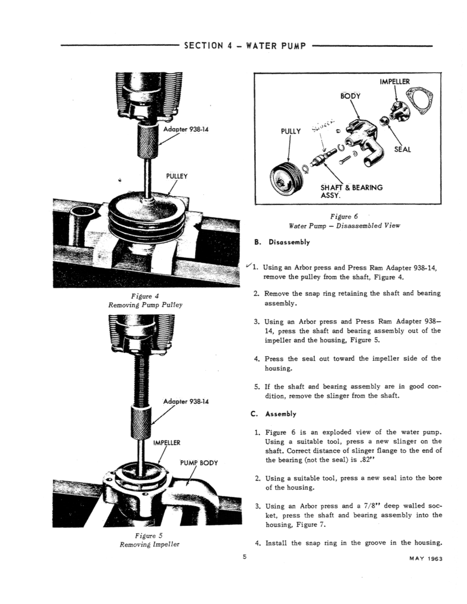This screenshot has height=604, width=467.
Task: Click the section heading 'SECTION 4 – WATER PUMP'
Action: [245, 46]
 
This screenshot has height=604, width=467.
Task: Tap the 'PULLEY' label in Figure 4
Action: [177, 176]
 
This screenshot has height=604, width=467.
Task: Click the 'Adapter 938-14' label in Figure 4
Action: [186, 129]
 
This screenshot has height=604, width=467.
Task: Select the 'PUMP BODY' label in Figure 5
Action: [199, 463]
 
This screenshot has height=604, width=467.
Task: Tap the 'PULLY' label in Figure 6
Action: [291, 131]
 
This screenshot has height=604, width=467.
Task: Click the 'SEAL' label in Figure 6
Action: [403, 149]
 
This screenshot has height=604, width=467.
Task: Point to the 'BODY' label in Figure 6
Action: [350, 96]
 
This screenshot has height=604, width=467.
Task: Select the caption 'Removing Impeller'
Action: [145, 544]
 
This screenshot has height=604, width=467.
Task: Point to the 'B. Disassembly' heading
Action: [282, 242]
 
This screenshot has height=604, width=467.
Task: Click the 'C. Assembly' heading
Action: [277, 414]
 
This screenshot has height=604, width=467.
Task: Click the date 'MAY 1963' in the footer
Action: [426, 559]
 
